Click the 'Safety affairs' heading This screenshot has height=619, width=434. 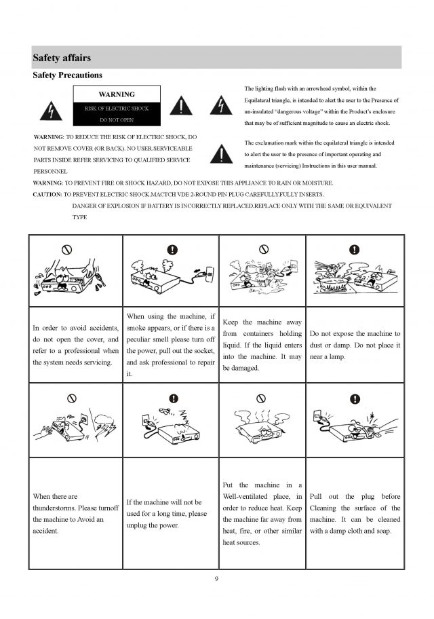(x=62, y=58)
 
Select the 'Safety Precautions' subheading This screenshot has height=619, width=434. (x=68, y=75)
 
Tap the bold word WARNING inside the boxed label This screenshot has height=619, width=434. (x=117, y=94)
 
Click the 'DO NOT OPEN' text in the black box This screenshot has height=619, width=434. (x=117, y=119)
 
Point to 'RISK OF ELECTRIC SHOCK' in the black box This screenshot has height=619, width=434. (x=117, y=109)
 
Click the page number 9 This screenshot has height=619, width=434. (x=216, y=578)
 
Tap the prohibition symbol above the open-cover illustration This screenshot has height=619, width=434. (x=66, y=250)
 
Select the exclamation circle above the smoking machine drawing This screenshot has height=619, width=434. (x=172, y=250)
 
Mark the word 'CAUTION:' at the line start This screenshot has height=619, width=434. (x=47, y=194)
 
